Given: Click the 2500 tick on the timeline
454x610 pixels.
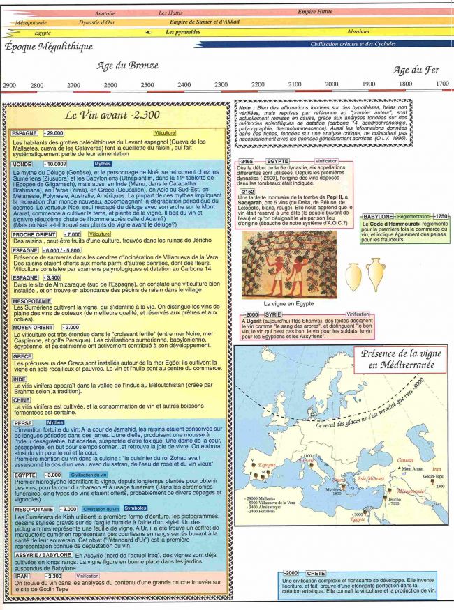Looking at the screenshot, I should click(147, 85).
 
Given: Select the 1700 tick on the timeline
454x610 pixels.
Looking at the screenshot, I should click(442, 84).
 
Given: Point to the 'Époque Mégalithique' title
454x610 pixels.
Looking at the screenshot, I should click(49, 47).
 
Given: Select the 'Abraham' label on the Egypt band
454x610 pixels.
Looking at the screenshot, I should click(359, 32).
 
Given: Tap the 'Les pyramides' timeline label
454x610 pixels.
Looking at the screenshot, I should click(182, 32).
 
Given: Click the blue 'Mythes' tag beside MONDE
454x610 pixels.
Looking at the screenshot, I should click(103, 163).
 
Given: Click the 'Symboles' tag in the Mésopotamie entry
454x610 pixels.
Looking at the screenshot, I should click(135, 508).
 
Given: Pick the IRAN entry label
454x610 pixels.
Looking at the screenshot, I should click(22, 577).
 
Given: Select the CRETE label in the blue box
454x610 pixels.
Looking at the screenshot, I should click(316, 573).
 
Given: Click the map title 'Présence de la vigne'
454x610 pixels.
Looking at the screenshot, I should click(397, 353).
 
